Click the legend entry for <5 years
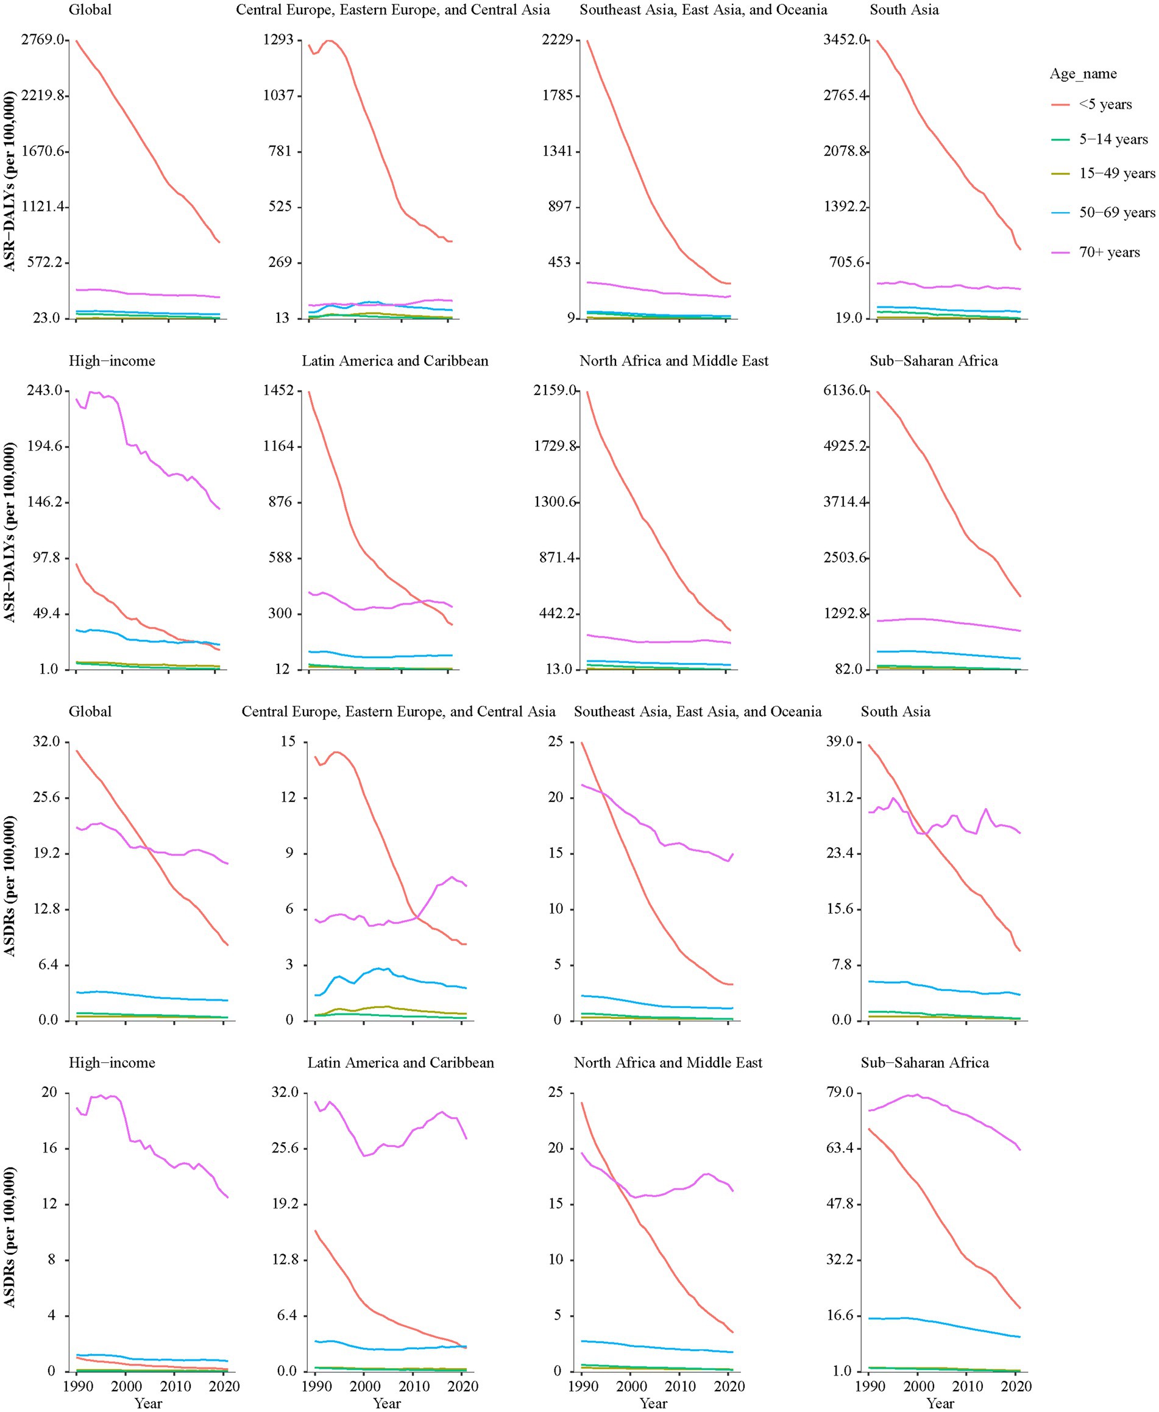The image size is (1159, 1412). [1104, 105]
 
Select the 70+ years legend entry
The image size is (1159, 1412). [1108, 252]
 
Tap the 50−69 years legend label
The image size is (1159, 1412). [1116, 213]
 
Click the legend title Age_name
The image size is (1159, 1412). [1082, 74]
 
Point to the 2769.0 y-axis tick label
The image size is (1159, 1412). [43, 40]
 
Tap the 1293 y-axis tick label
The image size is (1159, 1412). [278, 40]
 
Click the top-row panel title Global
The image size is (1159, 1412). [90, 10]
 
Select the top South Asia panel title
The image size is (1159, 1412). [904, 10]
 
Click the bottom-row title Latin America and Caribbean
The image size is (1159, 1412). [400, 1062]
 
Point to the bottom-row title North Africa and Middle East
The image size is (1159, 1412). [668, 1062]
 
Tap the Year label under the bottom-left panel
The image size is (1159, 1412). [148, 1403]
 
